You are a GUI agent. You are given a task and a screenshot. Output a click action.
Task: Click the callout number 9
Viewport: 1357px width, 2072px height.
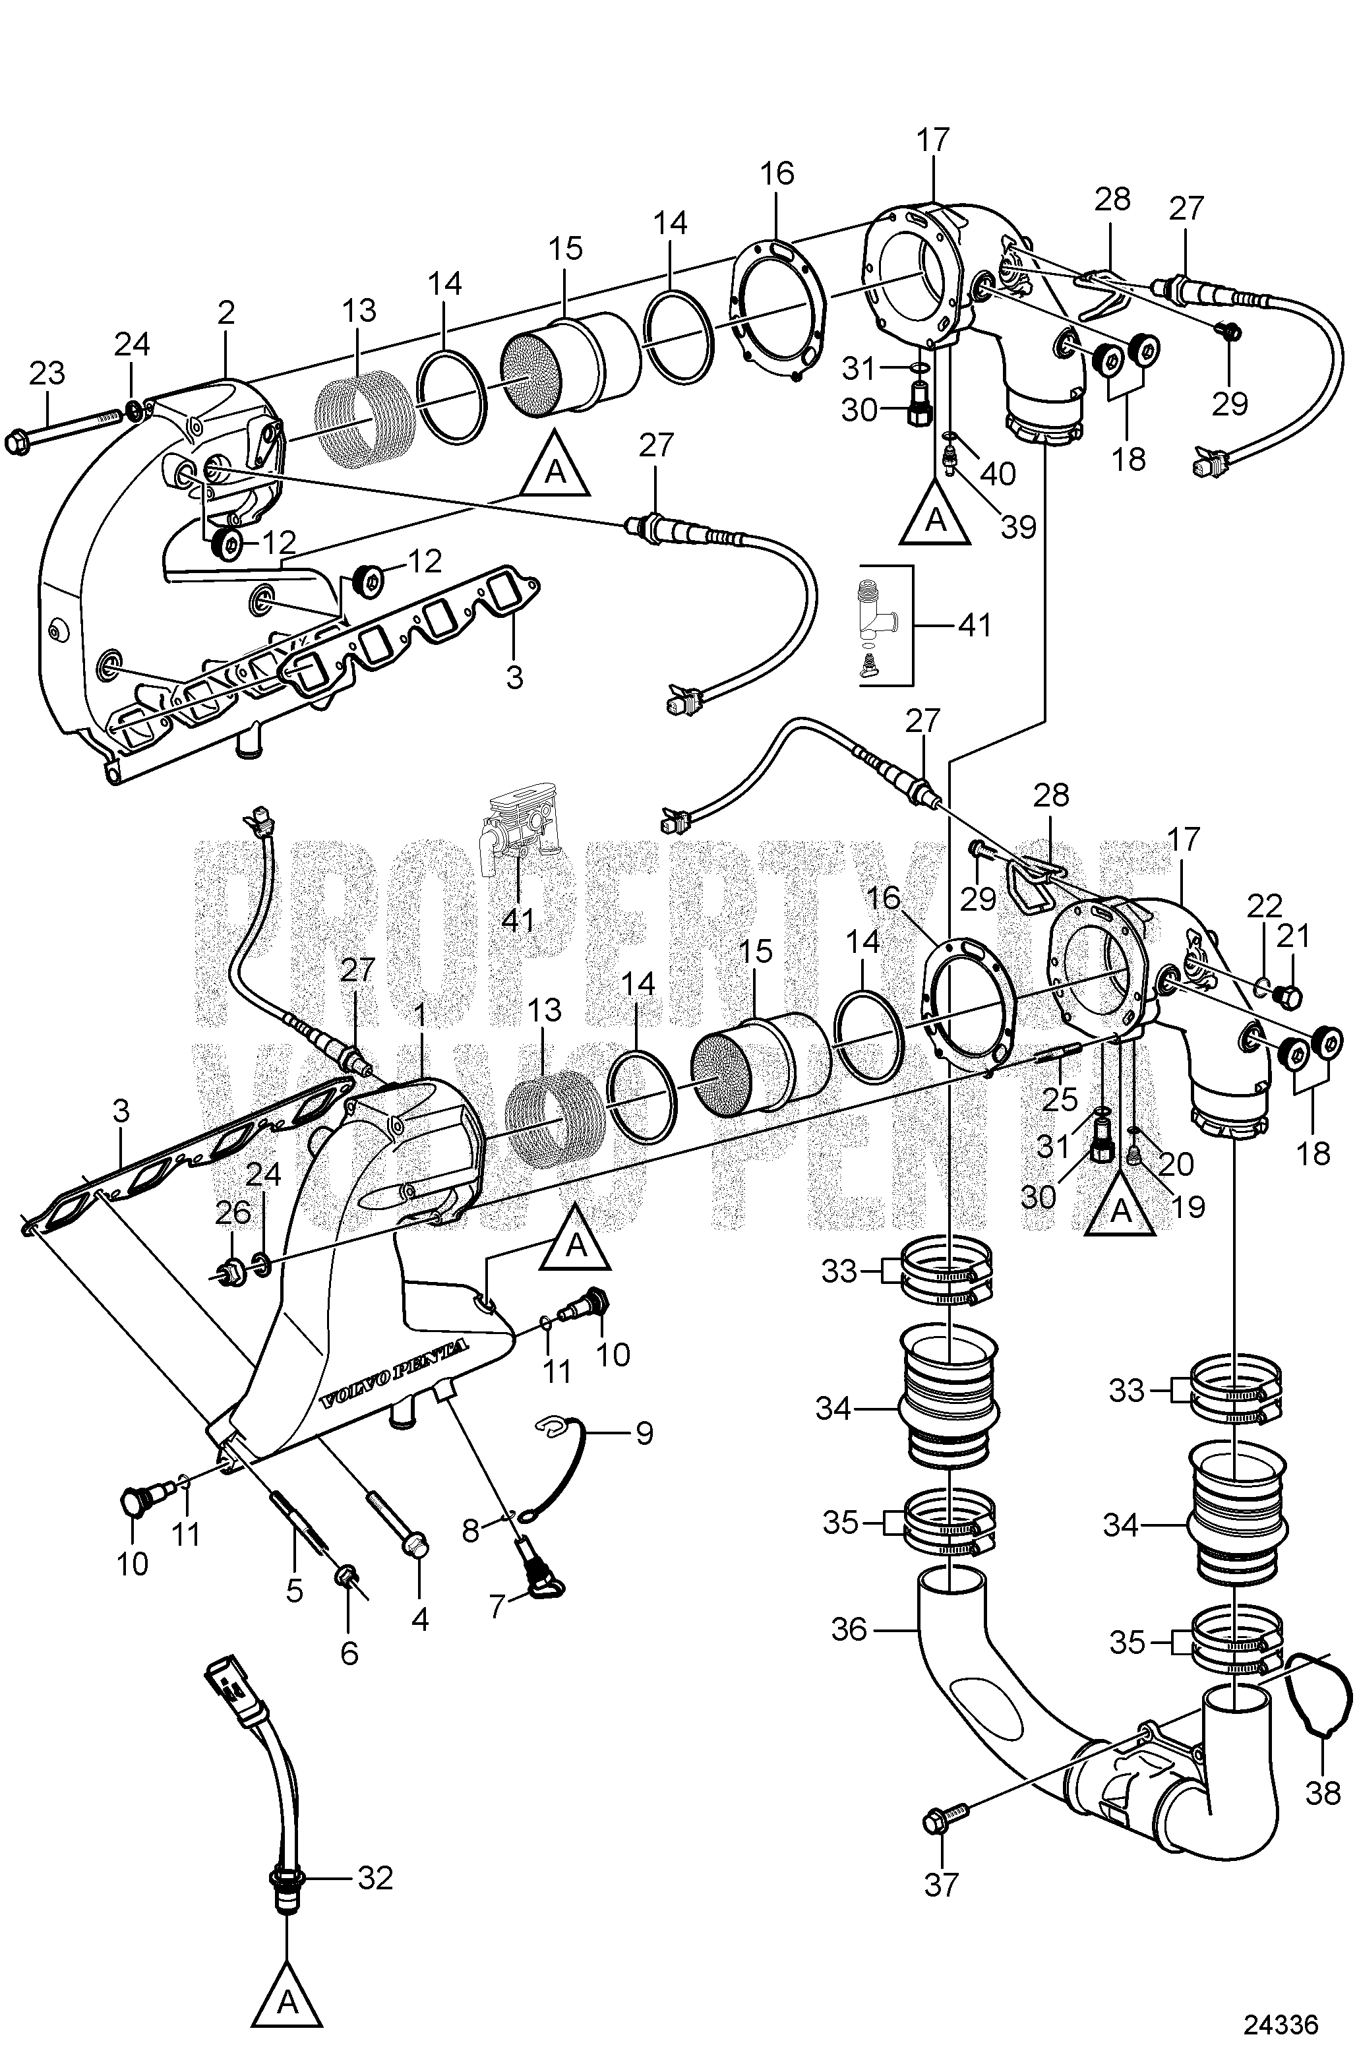pyautogui.click(x=644, y=1433)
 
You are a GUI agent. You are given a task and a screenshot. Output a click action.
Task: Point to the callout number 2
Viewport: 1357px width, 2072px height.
pyautogui.click(x=226, y=313)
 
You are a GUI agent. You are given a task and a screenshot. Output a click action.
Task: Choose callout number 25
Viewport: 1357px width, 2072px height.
pyautogui.click(x=1060, y=1099)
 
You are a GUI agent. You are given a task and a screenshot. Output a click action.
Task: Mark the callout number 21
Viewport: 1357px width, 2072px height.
pyautogui.click(x=1292, y=937)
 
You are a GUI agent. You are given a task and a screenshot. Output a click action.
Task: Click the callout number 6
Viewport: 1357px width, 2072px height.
pyautogui.click(x=349, y=1651)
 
